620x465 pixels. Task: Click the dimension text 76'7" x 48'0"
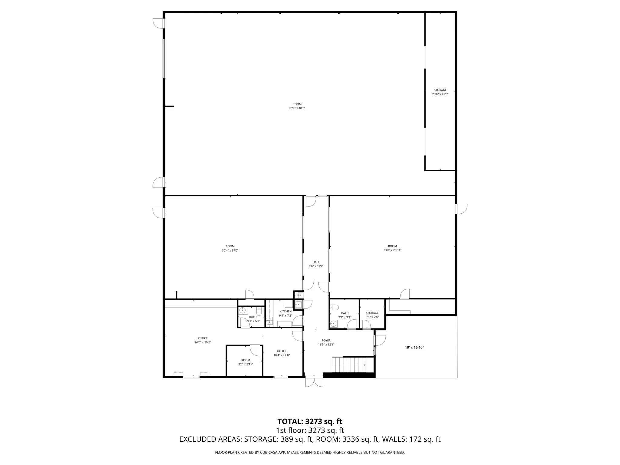pos(297,108)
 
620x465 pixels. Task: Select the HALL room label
pos(316,262)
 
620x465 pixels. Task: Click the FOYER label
pos(326,341)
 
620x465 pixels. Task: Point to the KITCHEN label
pos(285,311)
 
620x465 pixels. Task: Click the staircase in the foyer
pos(349,365)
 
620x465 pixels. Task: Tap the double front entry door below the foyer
pos(314,382)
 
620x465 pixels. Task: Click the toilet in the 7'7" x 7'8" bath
pos(335,307)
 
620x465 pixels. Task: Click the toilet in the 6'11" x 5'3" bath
pos(259,311)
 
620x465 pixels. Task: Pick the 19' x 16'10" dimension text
pos(414,348)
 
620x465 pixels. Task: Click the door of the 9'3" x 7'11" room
pos(255,351)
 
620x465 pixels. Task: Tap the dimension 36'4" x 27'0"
pos(230,250)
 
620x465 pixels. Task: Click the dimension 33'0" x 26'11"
pos(392,250)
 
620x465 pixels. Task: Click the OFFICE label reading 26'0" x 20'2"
pos(203,338)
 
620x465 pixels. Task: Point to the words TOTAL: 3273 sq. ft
pos(310,421)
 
